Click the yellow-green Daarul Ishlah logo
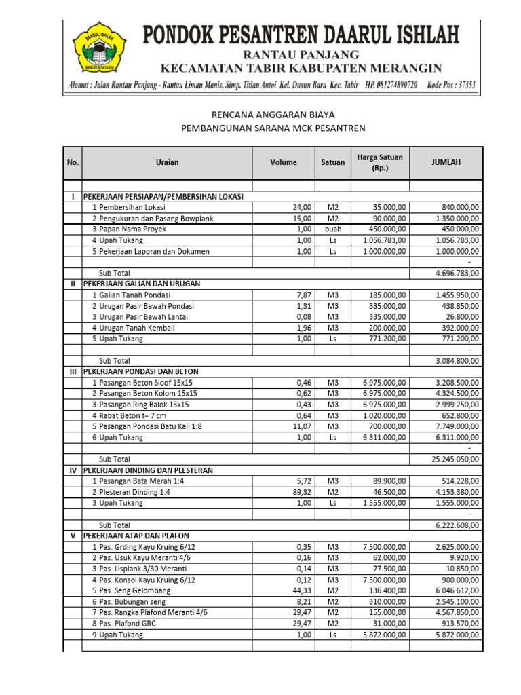coord(99,48)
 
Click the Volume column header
coord(284,162)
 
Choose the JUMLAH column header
coord(446,162)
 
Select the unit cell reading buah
coord(332,229)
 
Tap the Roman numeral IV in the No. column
coord(72,470)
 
